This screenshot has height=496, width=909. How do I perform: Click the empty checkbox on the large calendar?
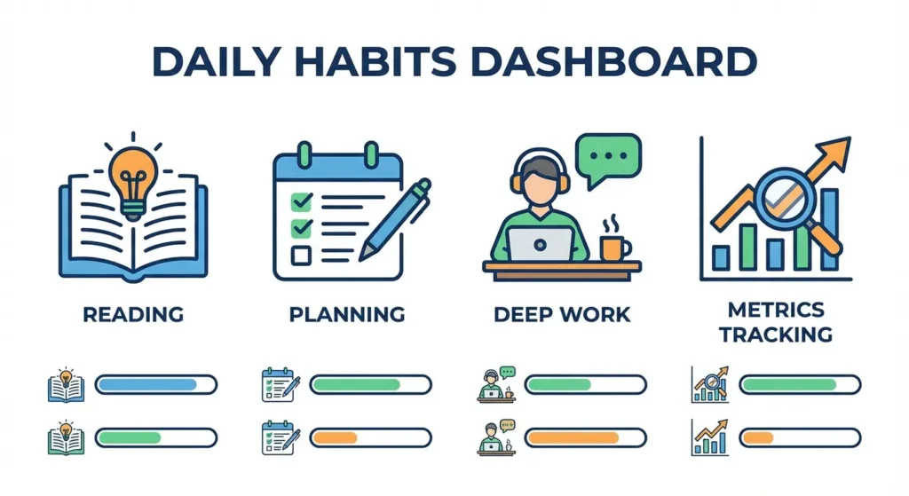(x=301, y=256)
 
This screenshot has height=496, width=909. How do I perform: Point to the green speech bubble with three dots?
(x=607, y=156)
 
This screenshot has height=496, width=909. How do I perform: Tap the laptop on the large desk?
(x=541, y=243)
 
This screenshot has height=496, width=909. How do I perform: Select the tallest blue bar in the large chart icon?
(x=828, y=229)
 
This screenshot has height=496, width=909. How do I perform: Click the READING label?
(x=132, y=314)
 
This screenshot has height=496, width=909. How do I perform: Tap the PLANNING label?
(x=347, y=314)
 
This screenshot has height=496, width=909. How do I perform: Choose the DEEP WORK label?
(x=561, y=314)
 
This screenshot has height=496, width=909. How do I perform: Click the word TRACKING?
(x=776, y=335)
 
